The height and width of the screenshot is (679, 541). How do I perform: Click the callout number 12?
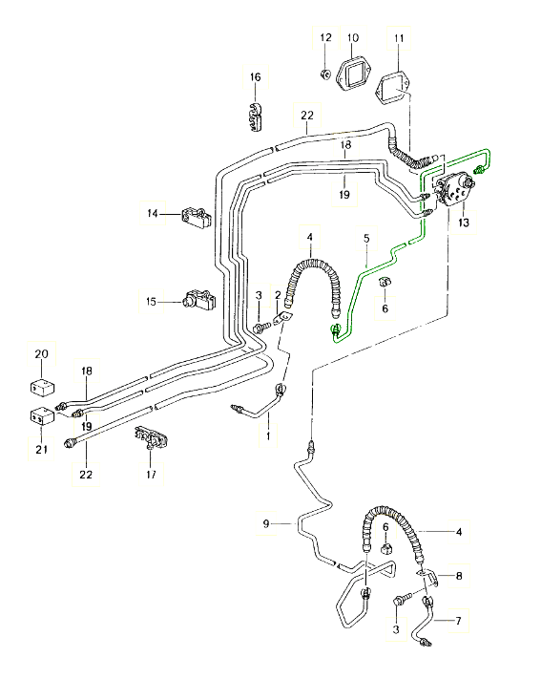coord(326,37)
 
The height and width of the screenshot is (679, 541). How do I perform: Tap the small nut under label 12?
coord(325,74)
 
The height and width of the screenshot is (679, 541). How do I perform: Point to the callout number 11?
coord(399,38)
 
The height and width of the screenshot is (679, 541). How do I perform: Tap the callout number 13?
coord(464,223)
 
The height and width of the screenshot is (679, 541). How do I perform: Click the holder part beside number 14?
coord(196,217)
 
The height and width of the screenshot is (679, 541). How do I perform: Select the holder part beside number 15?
coord(199,299)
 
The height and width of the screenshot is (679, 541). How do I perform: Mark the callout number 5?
coord(366,238)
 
